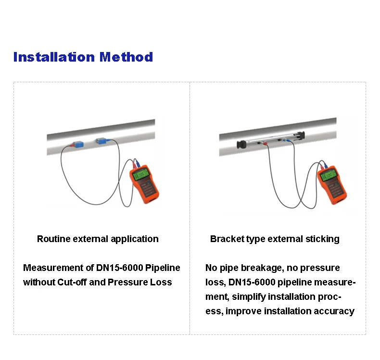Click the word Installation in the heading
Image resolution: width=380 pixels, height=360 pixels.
(x=54, y=57)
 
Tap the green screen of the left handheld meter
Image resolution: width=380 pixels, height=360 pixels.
(x=142, y=175)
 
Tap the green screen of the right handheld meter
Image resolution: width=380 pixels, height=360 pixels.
(x=329, y=175)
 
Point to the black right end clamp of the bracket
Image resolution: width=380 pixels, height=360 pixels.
(x=302, y=135)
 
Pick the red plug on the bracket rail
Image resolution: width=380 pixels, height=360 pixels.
(x=281, y=140)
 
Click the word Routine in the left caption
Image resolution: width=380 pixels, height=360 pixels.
(x=53, y=239)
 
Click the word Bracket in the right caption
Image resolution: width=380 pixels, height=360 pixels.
(x=227, y=239)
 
